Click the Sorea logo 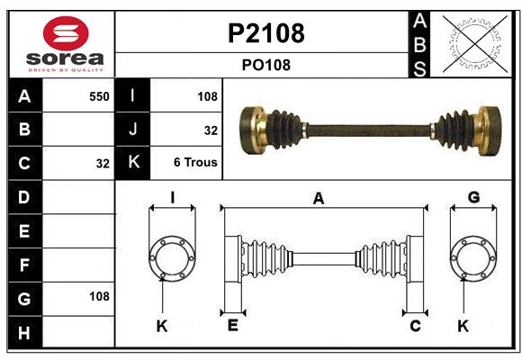click(x=60, y=43)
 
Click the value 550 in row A click(x=98, y=96)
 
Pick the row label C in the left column click(x=24, y=163)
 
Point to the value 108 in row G click(x=98, y=296)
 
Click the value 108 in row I click(x=207, y=96)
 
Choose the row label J click(x=133, y=130)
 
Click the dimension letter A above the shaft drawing click(x=318, y=200)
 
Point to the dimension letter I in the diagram click(x=171, y=197)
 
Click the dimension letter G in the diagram click(x=473, y=197)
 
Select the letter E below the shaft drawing click(x=232, y=325)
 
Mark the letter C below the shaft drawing click(x=415, y=325)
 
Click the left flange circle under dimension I click(x=171, y=258)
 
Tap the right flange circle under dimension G click(x=473, y=258)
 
